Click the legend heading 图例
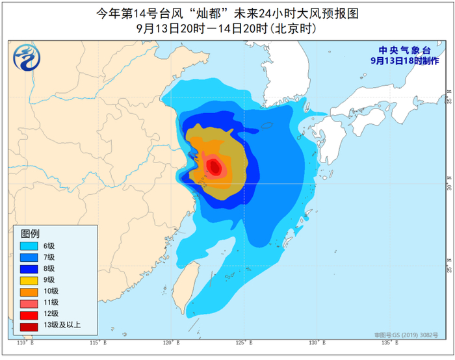[x=31, y=233]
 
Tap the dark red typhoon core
[x=215, y=168]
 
